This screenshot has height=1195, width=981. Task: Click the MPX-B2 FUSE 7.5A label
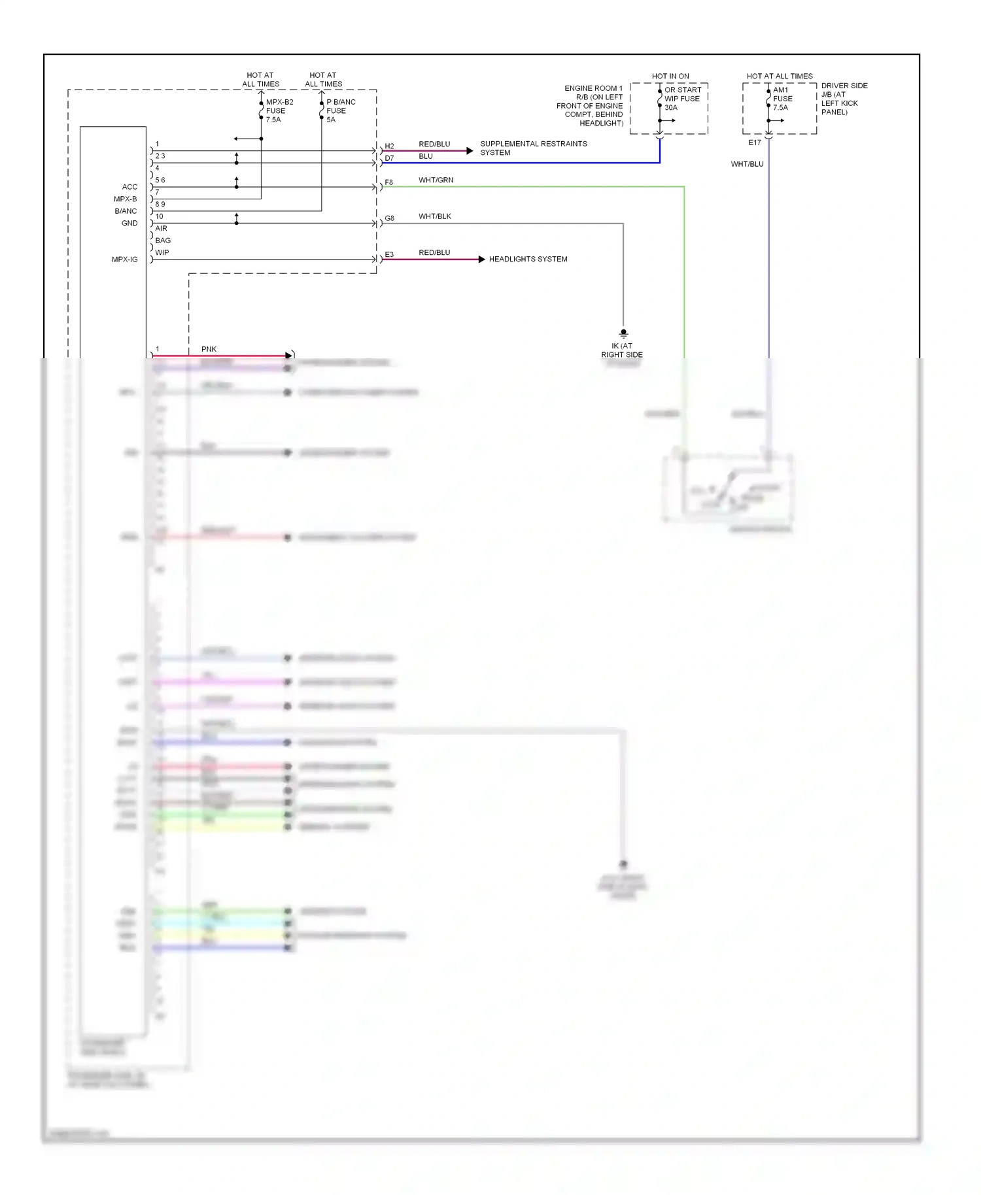[x=279, y=110]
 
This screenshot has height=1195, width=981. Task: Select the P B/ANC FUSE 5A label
[x=340, y=110]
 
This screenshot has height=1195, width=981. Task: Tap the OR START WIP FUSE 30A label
[x=682, y=99]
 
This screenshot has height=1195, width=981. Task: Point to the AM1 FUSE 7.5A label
[x=782, y=99]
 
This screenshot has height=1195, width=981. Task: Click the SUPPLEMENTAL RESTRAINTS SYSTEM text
[x=533, y=148]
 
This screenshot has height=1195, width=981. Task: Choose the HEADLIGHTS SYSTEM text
[x=528, y=259]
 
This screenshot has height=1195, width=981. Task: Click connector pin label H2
[x=389, y=146]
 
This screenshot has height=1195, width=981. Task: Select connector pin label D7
[x=389, y=158]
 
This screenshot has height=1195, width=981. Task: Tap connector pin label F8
[x=388, y=182]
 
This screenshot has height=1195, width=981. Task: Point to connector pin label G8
[x=389, y=218]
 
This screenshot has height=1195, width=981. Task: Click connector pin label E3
[x=389, y=254]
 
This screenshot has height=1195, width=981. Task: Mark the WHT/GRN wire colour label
[x=436, y=180]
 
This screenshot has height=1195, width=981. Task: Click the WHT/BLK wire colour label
[x=435, y=216]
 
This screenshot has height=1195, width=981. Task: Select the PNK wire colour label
[x=209, y=349]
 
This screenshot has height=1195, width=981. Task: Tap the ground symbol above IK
[x=623, y=333]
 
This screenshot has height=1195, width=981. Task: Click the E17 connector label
[x=755, y=143]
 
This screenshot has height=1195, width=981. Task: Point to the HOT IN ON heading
[x=670, y=76]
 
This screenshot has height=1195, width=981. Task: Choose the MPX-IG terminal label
[x=124, y=260]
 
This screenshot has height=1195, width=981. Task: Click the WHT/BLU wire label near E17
[x=747, y=164]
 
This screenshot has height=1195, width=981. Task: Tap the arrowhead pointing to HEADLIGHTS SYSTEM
[x=482, y=260]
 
